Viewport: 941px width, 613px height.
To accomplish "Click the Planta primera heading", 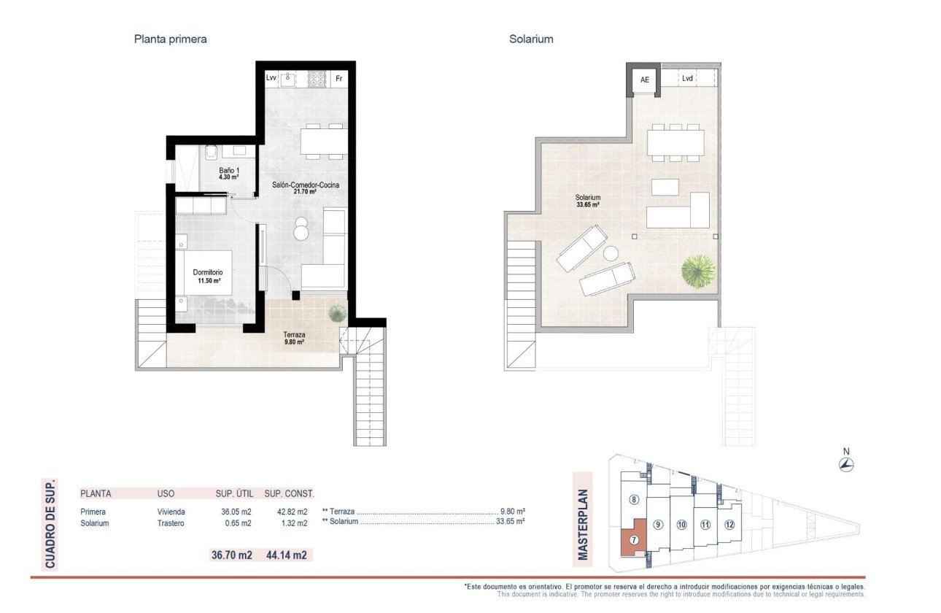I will tap(170, 39).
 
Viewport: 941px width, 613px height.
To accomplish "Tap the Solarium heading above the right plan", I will tap(531, 39).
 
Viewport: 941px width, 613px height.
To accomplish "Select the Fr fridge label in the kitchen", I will tap(338, 78).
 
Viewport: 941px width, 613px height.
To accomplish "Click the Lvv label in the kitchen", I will tap(271, 78).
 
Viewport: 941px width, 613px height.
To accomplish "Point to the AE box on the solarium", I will tap(644, 80).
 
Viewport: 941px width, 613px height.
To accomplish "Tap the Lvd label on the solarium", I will tap(687, 78).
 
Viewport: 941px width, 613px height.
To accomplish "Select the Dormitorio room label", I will tap(207, 277).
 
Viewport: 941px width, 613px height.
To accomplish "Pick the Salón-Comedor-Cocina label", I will tap(304, 188).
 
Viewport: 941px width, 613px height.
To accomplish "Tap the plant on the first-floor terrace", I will tap(337, 313).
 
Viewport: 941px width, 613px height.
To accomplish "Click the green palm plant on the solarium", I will tap(698, 271).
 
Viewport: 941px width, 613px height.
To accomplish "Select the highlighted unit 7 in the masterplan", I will tap(633, 539).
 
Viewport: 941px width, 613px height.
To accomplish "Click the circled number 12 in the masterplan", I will tap(729, 524).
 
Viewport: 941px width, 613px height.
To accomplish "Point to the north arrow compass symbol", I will tap(846, 465).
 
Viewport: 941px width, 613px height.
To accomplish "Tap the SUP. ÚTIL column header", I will tap(234, 493).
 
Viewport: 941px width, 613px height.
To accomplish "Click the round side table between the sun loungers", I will tap(611, 254).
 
